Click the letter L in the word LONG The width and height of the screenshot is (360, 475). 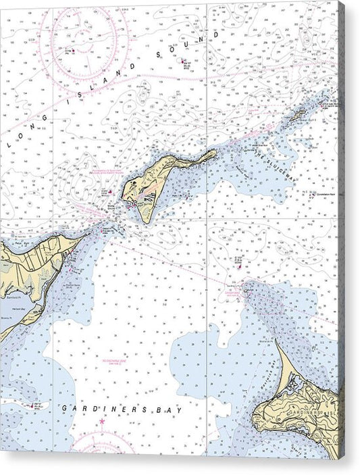click(8, 144)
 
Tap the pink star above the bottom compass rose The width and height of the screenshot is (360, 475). click(102, 422)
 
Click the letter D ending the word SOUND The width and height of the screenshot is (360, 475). click(216, 33)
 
